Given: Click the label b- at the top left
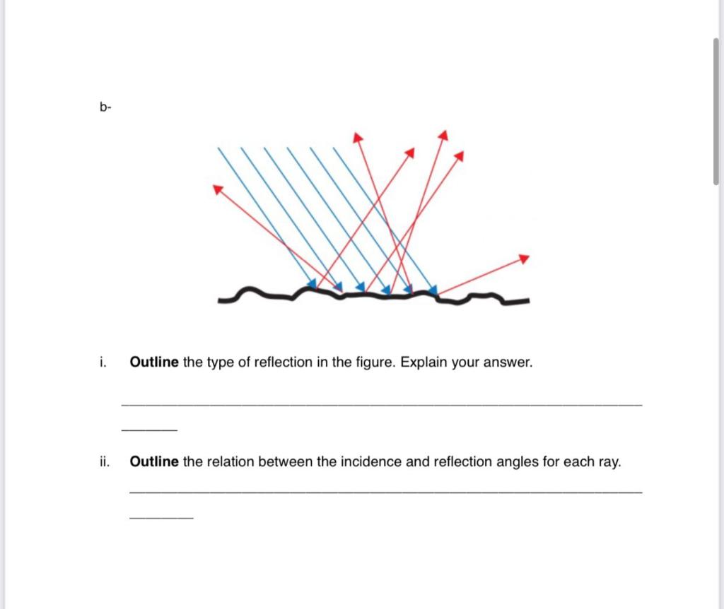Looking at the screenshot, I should click(x=105, y=107).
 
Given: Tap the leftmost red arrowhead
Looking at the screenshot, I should click(x=217, y=188).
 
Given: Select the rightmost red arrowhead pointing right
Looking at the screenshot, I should click(x=523, y=259).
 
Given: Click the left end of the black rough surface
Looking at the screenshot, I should click(x=221, y=300).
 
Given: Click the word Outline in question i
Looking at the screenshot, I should click(x=154, y=362).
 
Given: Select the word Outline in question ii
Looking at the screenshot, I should click(x=154, y=462).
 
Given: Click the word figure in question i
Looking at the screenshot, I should click(x=376, y=362).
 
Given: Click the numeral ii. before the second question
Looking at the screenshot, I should click(x=104, y=462).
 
